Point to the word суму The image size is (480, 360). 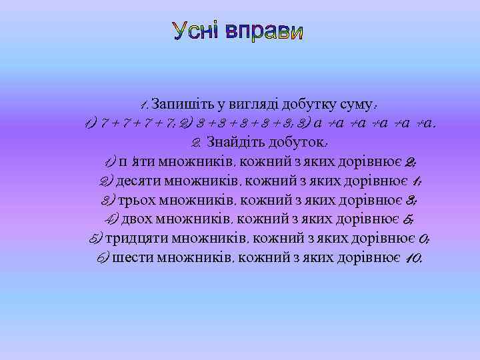(353, 104)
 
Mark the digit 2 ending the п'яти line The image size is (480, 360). (410, 161)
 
